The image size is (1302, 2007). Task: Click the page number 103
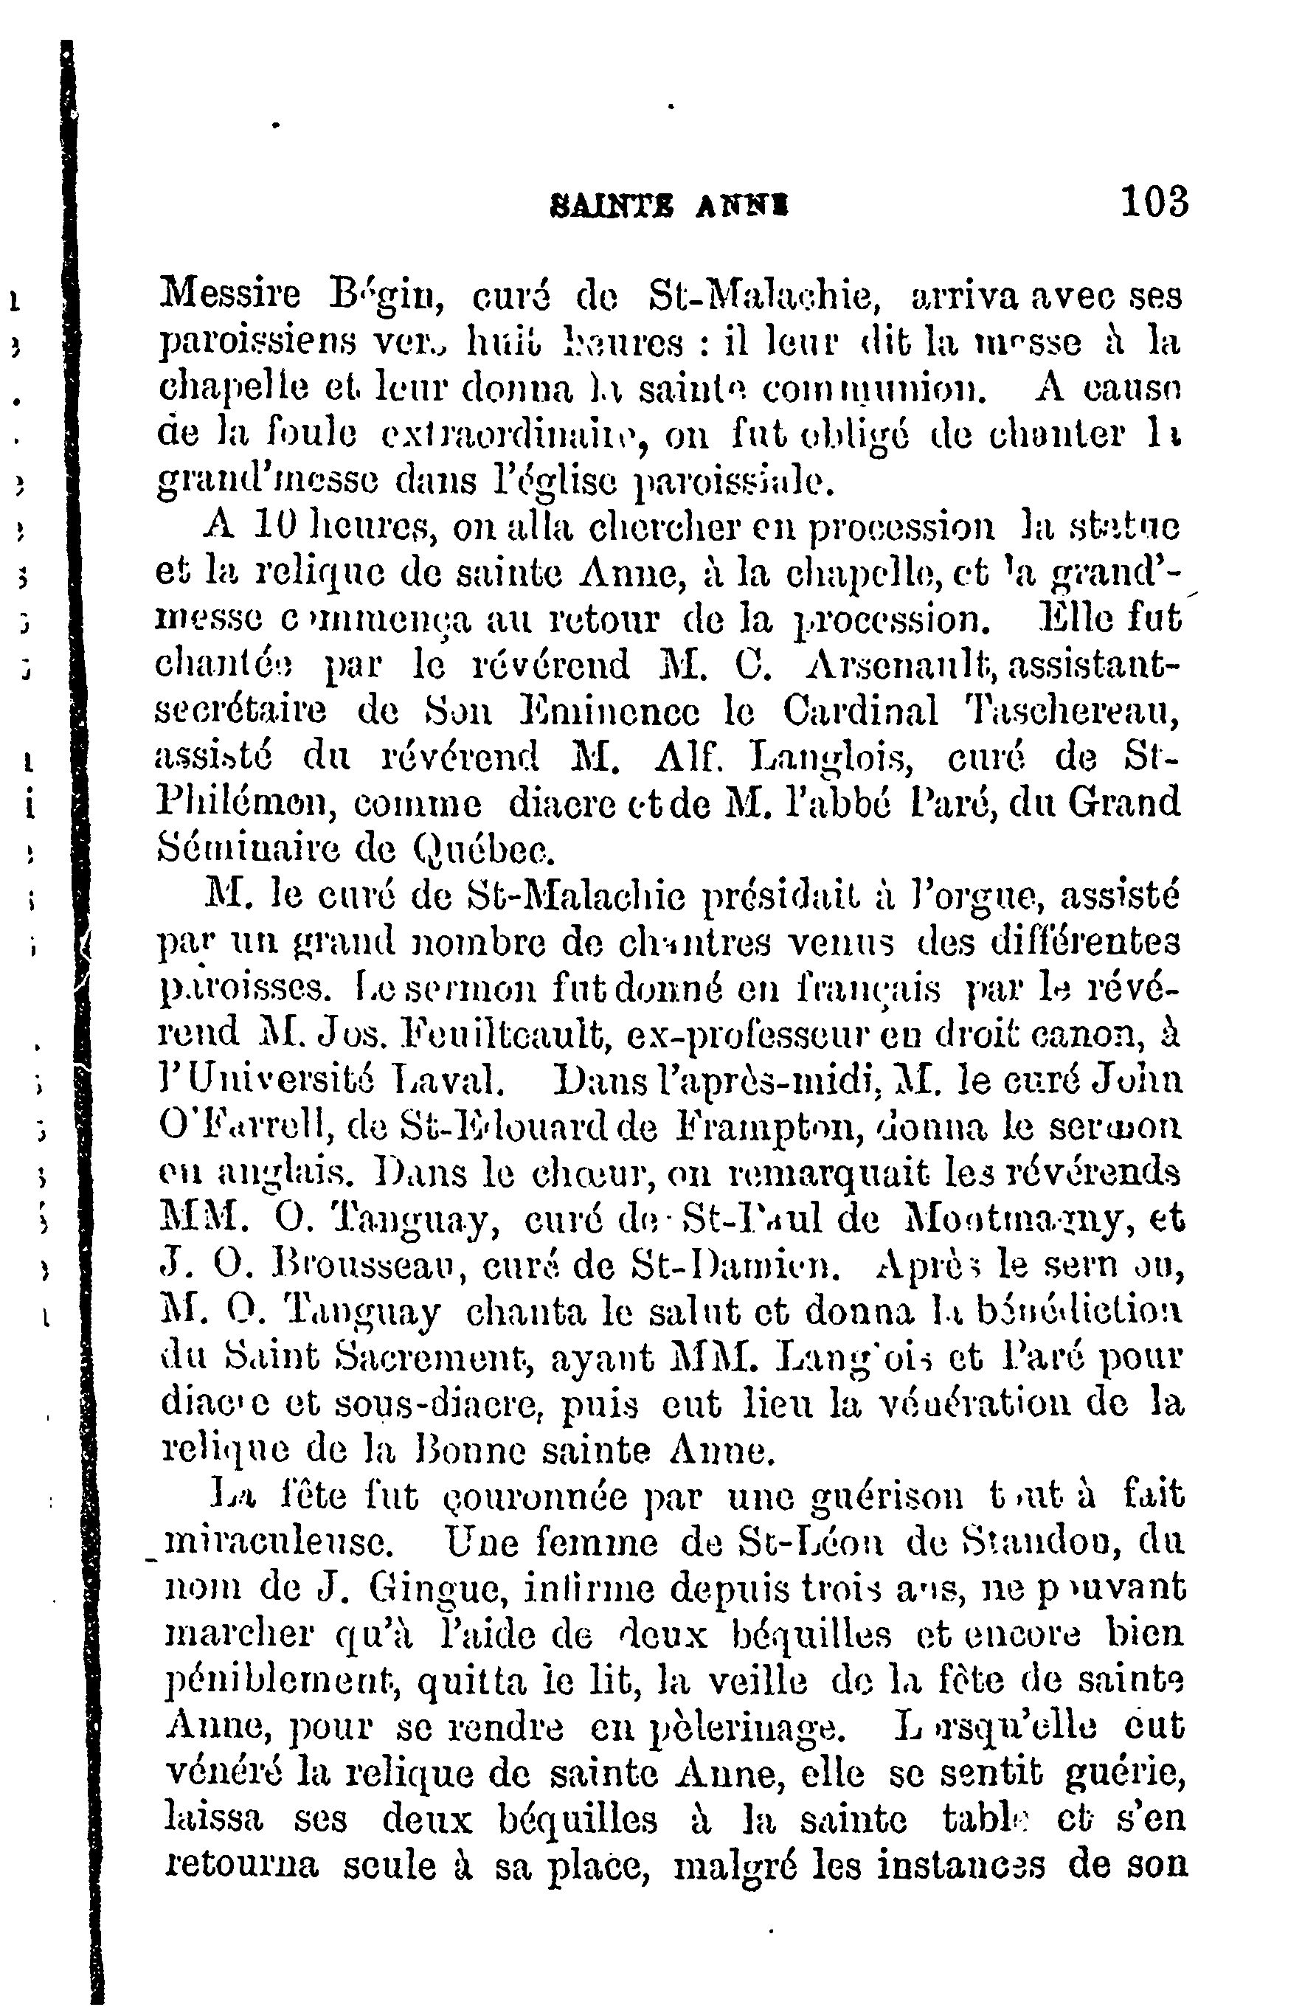tap(1154, 204)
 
